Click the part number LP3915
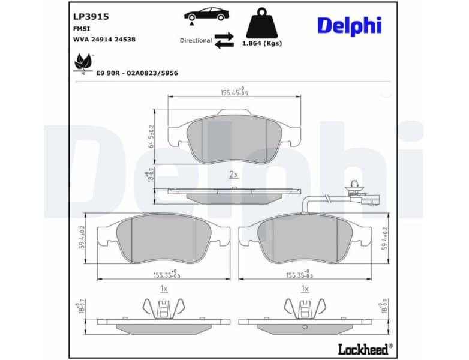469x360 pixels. pos(87,17)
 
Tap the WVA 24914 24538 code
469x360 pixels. pos(104,39)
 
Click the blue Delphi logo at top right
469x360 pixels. pos(349,25)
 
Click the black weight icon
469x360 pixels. pos(261,23)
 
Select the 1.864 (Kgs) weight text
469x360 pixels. pos(261,43)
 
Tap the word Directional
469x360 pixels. pos(196,41)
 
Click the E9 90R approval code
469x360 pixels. pos(137,73)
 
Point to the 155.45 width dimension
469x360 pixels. pos(234,92)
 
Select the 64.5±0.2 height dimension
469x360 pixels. pos(152,136)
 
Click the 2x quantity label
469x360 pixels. pos(234,175)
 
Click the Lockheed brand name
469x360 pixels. pos(364,347)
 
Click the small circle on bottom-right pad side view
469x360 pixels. pos(305,327)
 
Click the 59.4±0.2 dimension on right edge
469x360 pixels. pos(386,238)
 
